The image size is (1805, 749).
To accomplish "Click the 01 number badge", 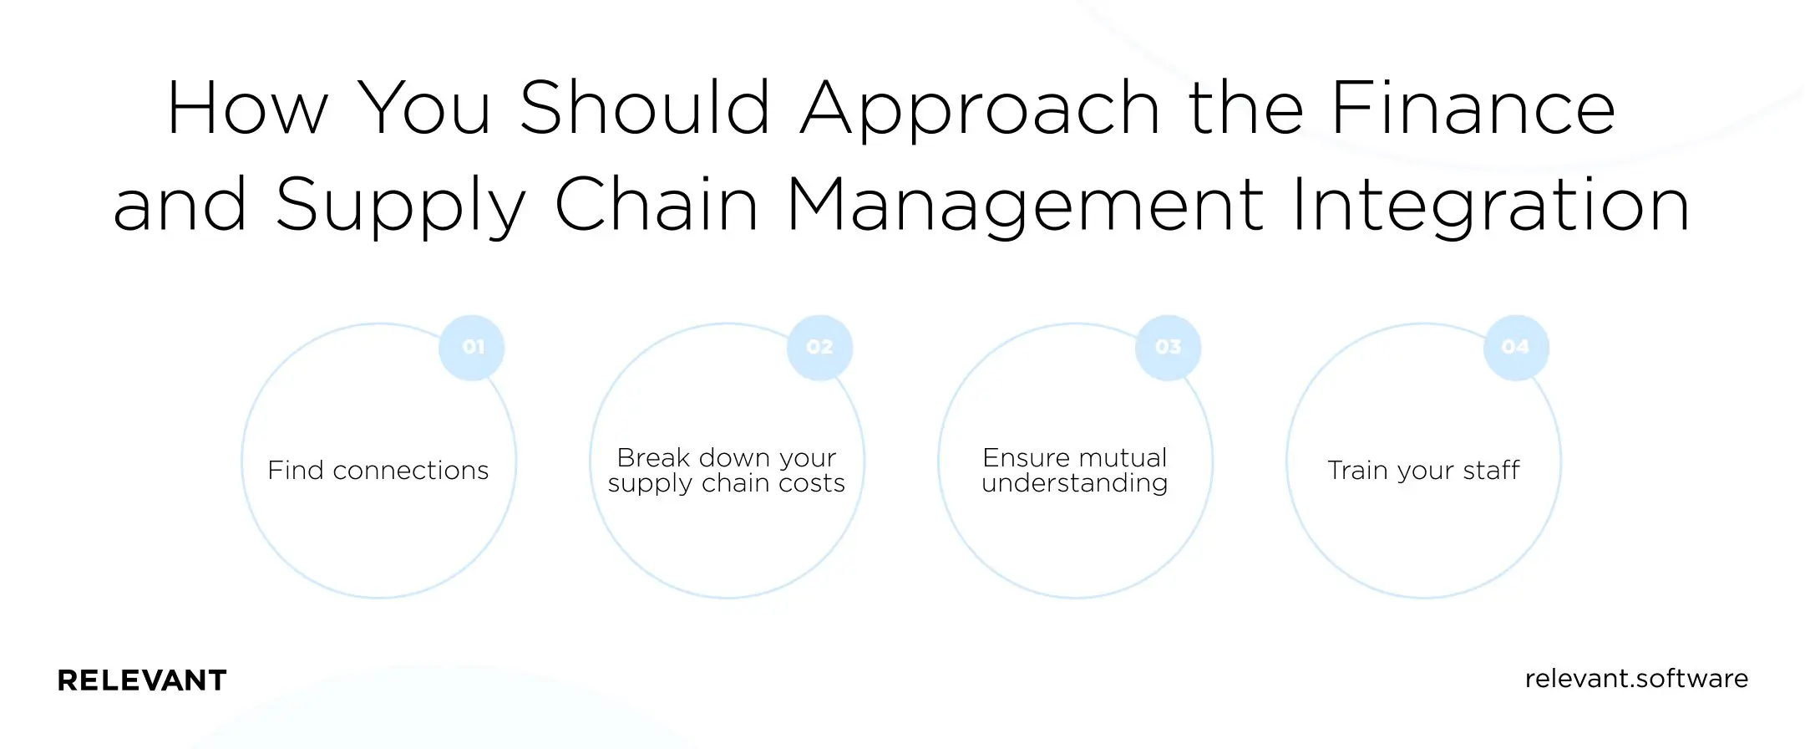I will [x=472, y=348].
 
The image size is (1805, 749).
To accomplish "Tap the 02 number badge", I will [x=820, y=348].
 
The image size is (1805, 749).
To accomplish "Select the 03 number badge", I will [x=1169, y=348].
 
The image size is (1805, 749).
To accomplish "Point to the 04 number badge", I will [x=1516, y=348].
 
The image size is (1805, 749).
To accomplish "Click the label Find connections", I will [x=378, y=471].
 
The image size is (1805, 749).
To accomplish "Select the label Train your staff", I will [x=1423, y=471].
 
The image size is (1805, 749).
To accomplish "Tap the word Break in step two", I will [x=653, y=458].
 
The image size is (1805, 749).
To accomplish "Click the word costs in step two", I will [x=810, y=483].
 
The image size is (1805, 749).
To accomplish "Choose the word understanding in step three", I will [x=1075, y=483].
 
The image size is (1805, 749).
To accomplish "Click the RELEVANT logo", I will [x=142, y=680].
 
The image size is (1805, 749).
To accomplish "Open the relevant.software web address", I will [x=1636, y=679].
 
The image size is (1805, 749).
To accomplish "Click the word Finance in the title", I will [x=1473, y=109].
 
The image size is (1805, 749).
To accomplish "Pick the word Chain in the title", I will [x=657, y=205].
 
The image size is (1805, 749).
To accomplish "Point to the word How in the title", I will [x=248, y=109].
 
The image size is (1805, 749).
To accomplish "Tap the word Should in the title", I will [x=645, y=109].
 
